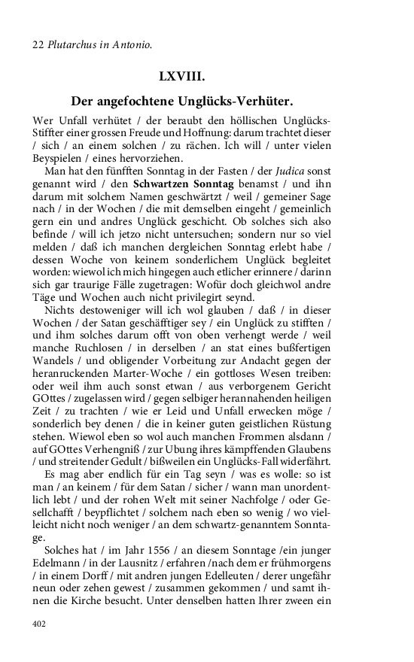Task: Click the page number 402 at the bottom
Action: pos(39,624)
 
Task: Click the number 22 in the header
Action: pos(38,45)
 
